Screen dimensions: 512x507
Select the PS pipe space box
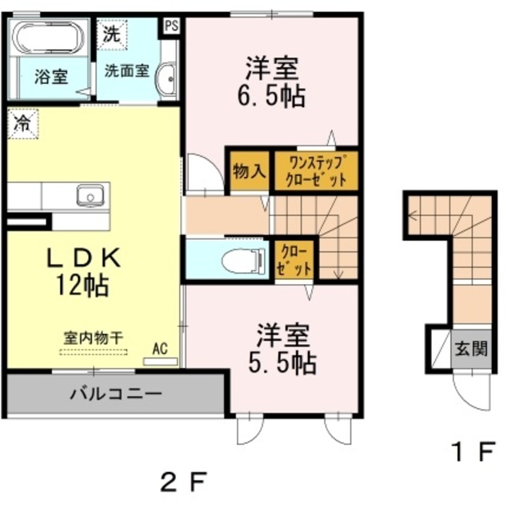(172, 25)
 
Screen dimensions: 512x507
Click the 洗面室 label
(126, 70)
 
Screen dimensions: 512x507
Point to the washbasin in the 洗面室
(167, 79)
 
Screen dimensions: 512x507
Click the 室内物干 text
(94, 338)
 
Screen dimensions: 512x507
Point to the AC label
(160, 349)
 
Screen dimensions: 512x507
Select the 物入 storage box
(249, 170)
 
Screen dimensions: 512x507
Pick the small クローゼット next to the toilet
(294, 260)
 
